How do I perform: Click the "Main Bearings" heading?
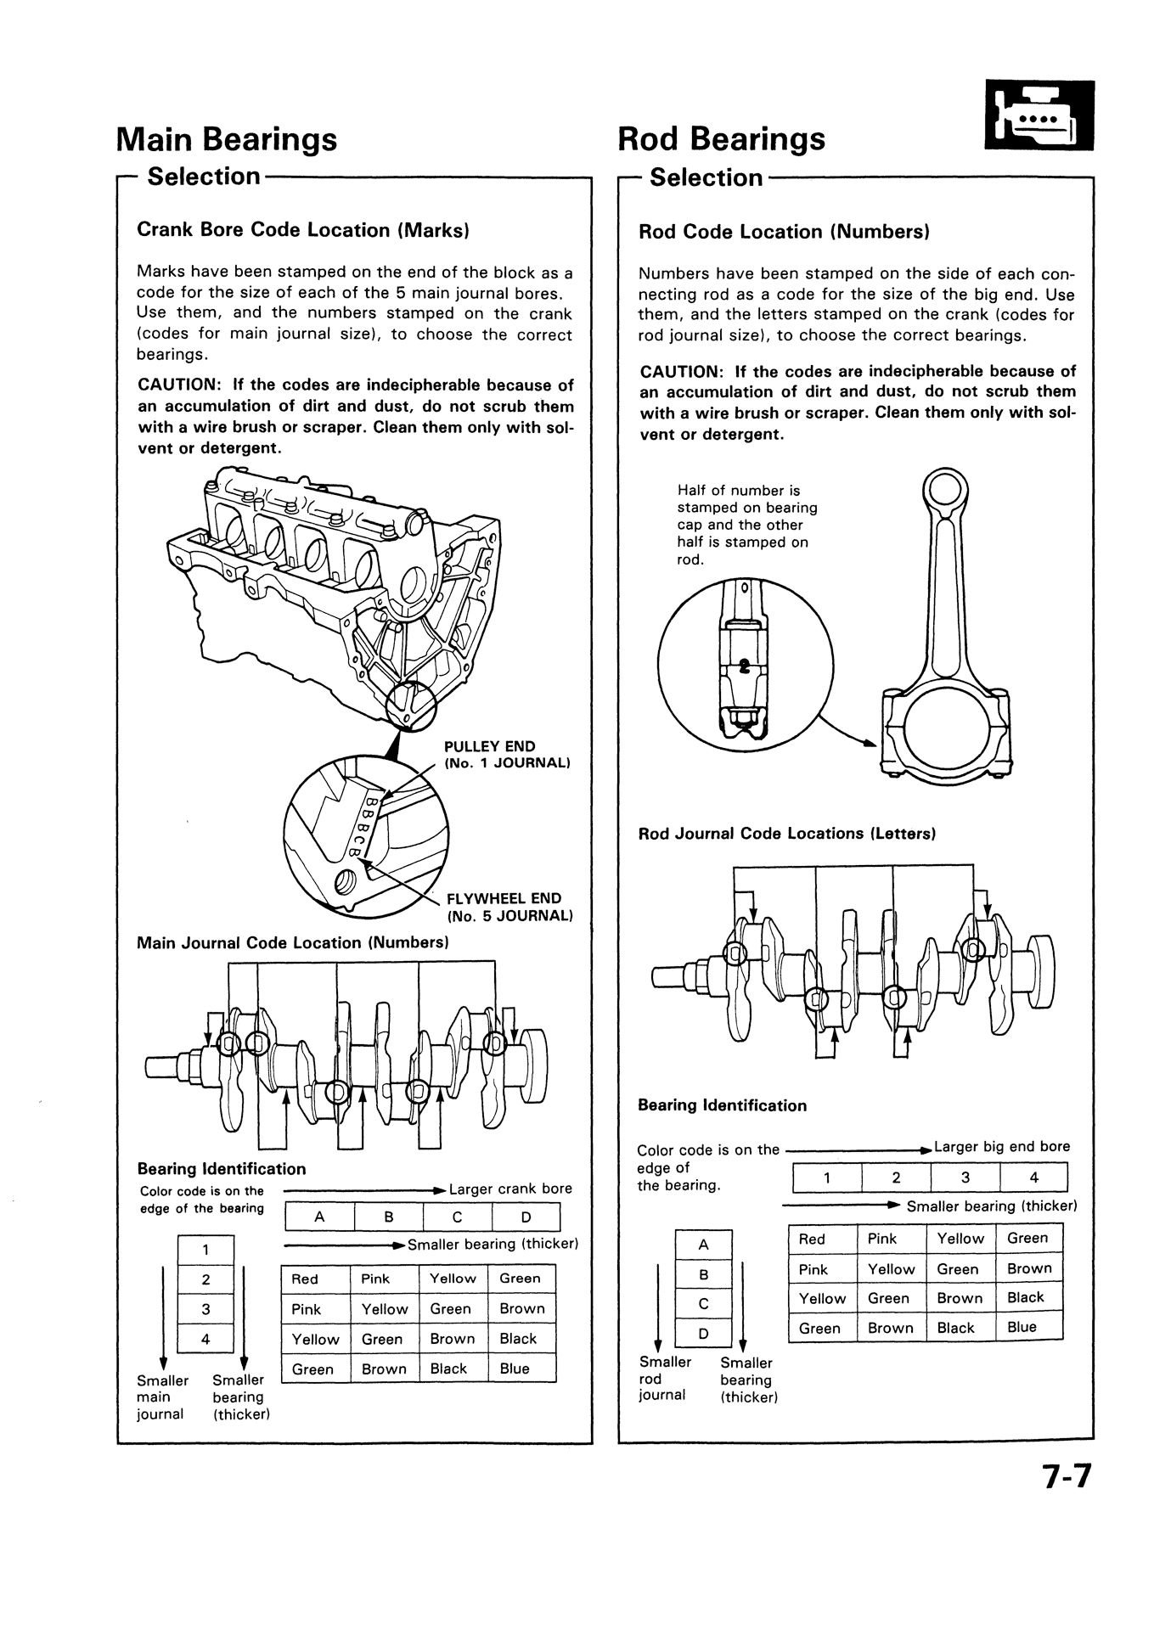pos(227,139)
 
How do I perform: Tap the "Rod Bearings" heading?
pos(721,139)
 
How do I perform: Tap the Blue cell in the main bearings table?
pos(515,1369)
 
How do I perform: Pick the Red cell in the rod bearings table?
pos(812,1239)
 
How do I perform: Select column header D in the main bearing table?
pos(526,1217)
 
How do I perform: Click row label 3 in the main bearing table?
pos(205,1309)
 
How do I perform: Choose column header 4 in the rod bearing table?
pos(1033,1178)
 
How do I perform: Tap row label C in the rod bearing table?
pos(703,1304)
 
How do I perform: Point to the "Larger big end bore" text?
pos(1002,1147)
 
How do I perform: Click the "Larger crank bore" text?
pos(510,1189)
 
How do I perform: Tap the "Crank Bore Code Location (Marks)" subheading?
pos(303,230)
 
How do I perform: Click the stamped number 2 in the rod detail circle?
pos(745,666)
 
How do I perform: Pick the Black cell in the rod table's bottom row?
pos(956,1328)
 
